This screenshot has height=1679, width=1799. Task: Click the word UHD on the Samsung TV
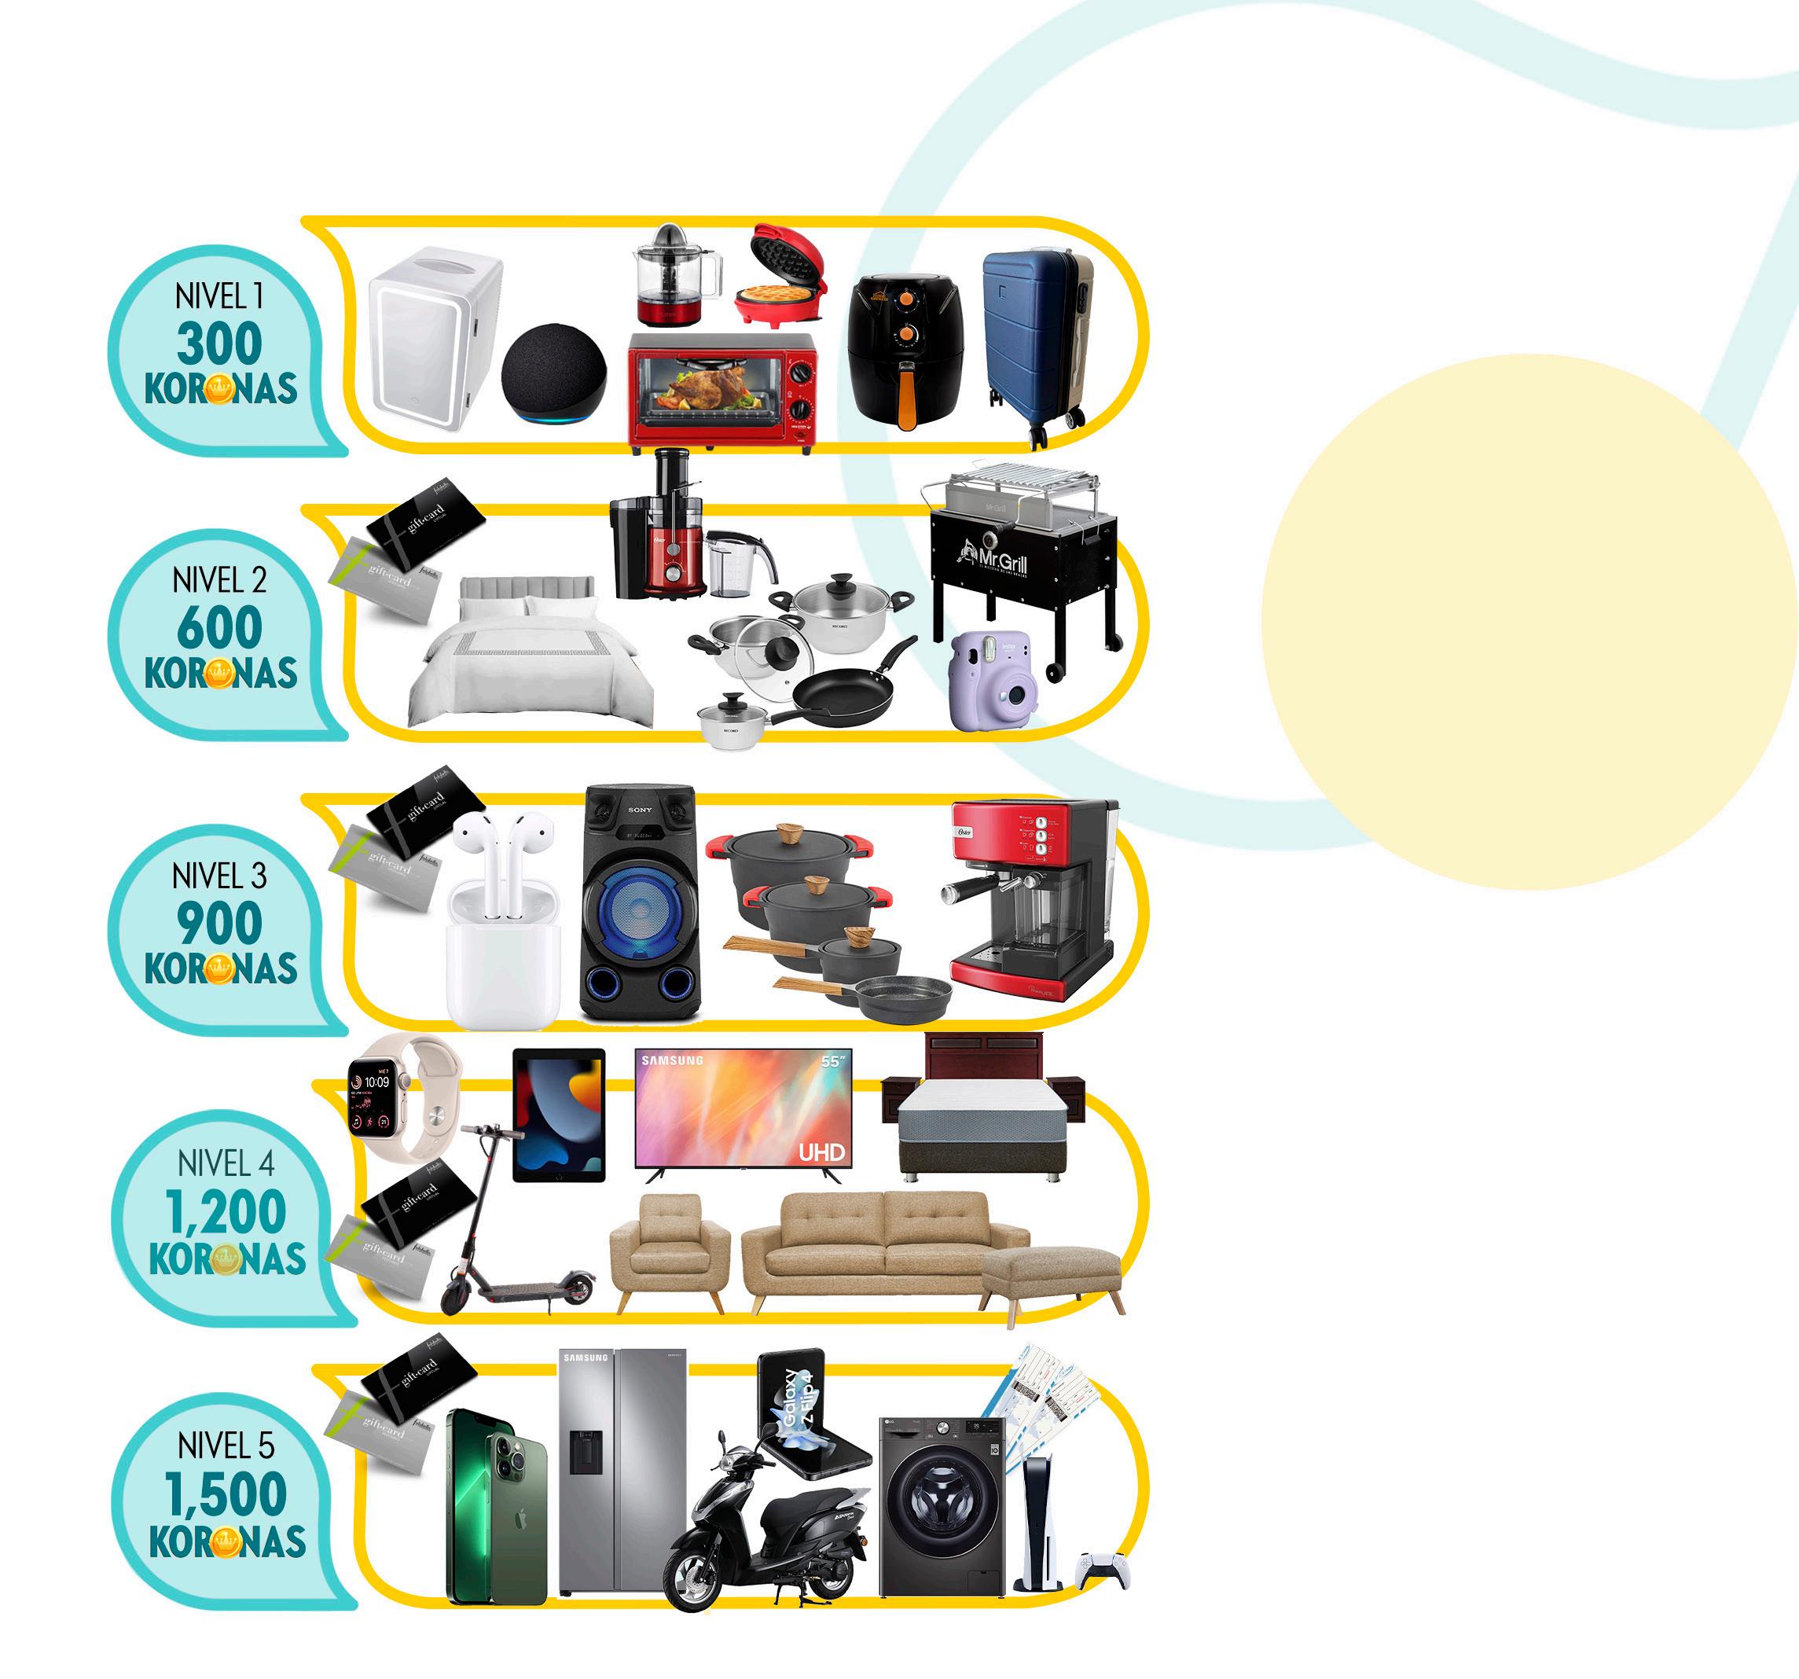[821, 1152]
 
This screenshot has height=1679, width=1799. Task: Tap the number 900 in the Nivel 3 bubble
[219, 924]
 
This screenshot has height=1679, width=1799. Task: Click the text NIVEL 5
[226, 1446]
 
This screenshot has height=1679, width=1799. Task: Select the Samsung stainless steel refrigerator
[622, 1471]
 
